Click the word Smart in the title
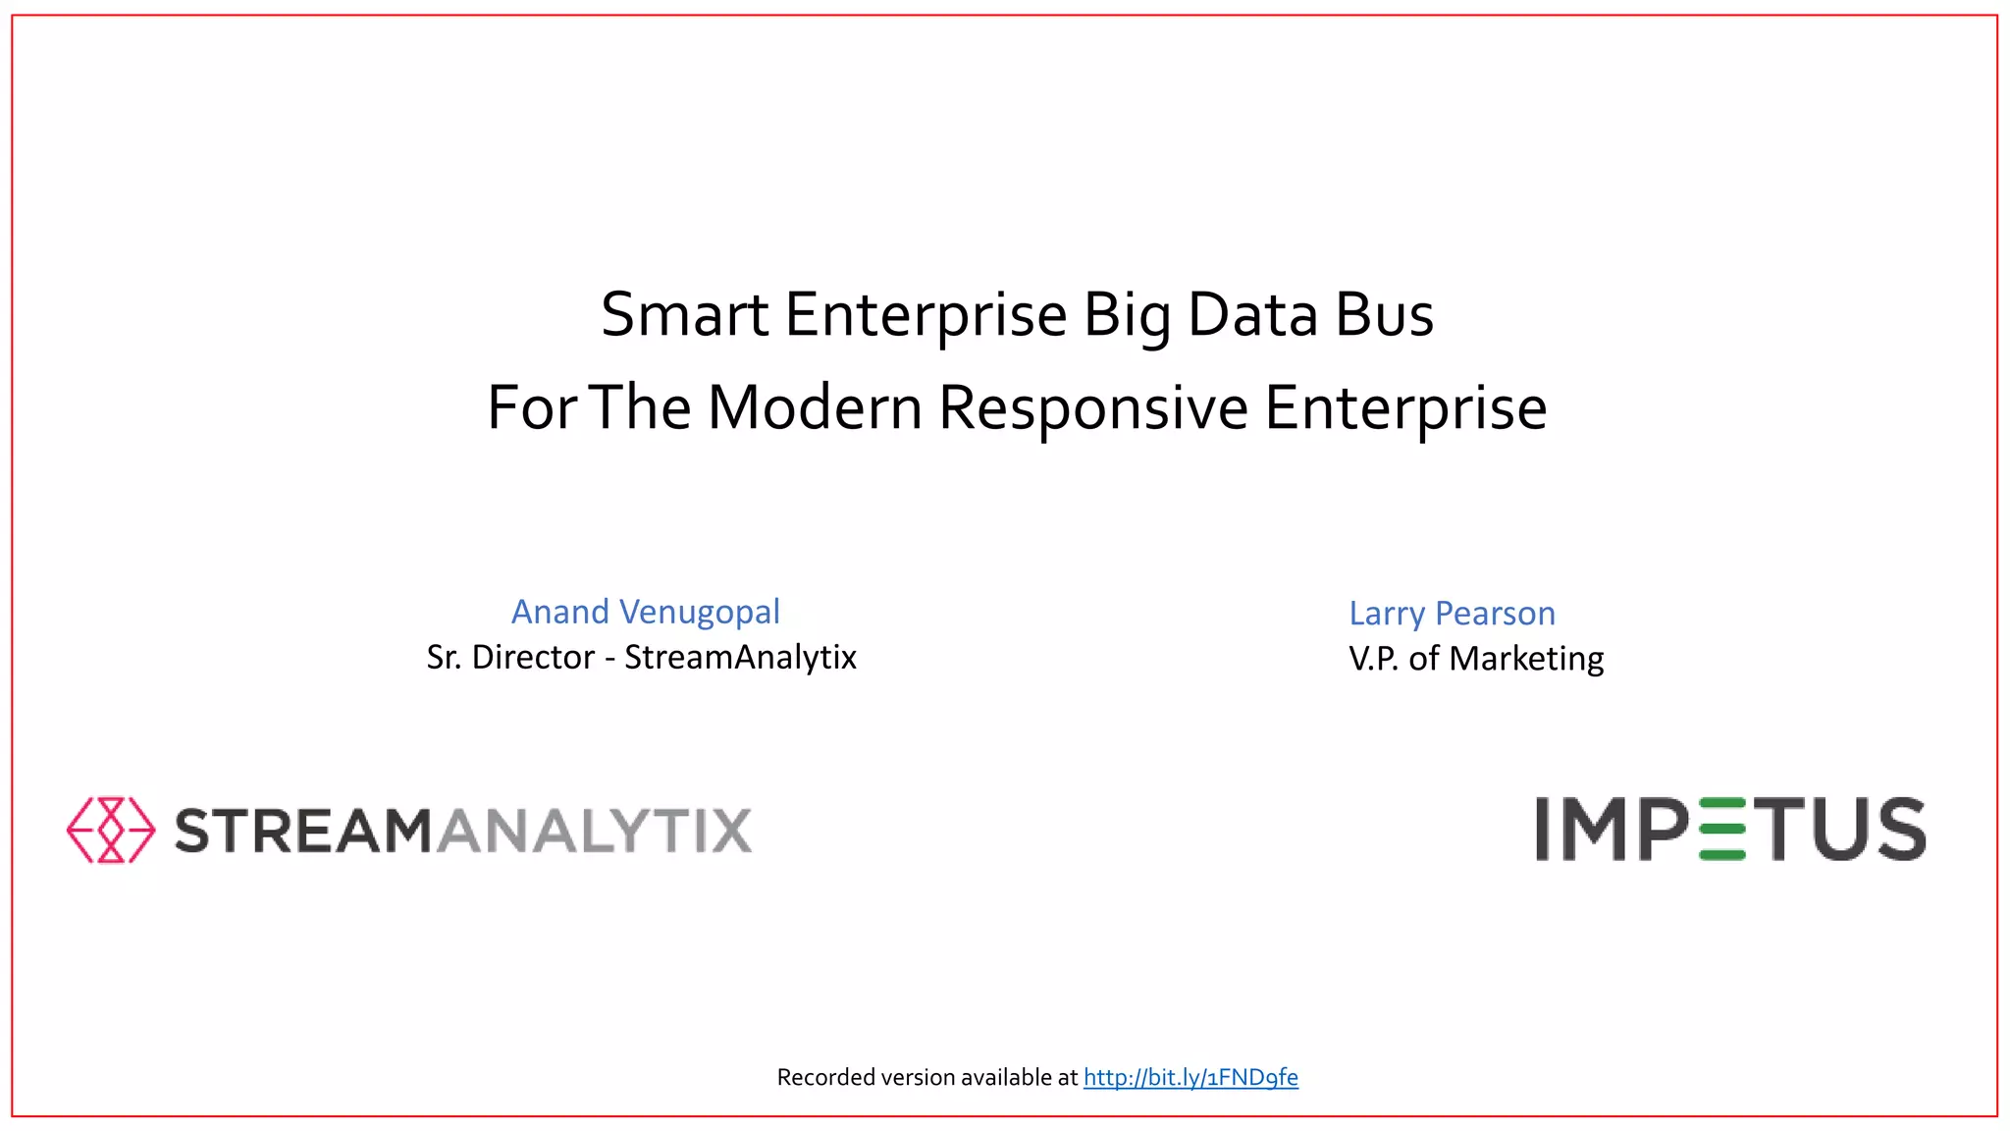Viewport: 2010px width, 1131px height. [x=684, y=315]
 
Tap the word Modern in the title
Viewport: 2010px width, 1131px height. [x=815, y=407]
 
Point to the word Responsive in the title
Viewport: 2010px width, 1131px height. [x=1094, y=407]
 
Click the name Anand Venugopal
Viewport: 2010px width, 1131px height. [x=646, y=612]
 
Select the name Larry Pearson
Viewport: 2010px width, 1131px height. [x=1452, y=614]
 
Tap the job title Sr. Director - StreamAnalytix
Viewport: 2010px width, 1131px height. [x=641, y=657]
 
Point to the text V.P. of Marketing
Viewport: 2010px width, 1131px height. [x=1476, y=659]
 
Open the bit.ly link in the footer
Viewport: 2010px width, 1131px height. [x=1190, y=1078]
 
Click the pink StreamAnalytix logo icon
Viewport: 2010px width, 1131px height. [x=111, y=830]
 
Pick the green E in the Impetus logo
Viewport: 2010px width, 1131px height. [x=1721, y=830]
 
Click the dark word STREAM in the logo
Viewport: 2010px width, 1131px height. [x=303, y=831]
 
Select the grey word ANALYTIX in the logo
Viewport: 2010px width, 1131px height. [x=594, y=831]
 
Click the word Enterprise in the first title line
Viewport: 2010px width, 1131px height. [x=926, y=315]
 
